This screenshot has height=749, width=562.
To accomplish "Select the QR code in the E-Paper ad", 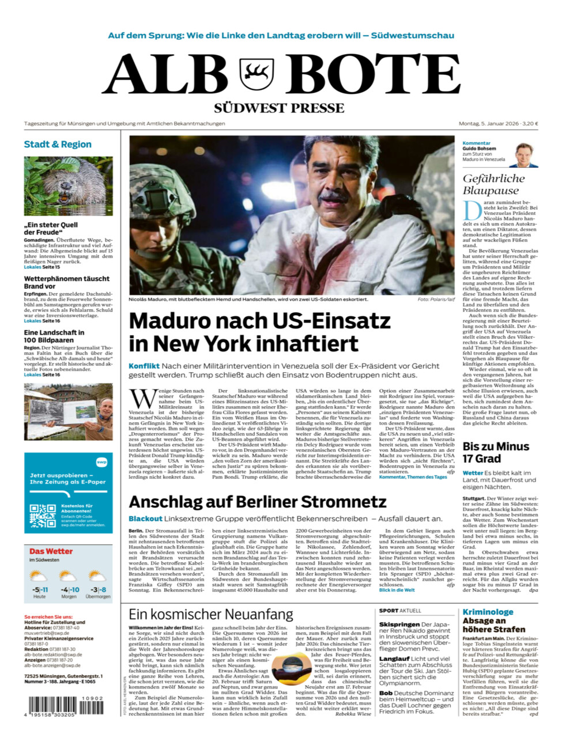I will coord(43,516).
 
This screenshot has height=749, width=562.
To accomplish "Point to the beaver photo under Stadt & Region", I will coord(68,186).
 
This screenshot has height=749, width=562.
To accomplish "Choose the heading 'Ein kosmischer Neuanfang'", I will coord(210,614).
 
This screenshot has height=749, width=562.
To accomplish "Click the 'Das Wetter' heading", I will coord(51,551).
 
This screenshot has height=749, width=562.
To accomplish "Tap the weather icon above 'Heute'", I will coord(39,576).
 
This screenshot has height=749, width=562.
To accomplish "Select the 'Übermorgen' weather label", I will coord(97,597).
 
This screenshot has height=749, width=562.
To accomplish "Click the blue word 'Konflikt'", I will coord(144,366).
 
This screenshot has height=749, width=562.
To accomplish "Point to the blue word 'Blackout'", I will coord(145,519).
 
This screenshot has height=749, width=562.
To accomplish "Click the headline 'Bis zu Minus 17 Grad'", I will coord(496,452).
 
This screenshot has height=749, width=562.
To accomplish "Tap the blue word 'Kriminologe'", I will coord(488,612).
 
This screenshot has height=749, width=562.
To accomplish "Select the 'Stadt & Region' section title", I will coord(58,144).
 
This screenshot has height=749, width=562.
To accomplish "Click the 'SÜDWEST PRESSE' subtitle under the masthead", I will coord(279,108).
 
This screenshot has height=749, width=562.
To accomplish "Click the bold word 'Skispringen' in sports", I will coord(399,625).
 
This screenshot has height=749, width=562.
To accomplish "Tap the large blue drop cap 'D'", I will coord(472,210).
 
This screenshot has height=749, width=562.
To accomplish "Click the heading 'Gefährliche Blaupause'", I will coord(493,184).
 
